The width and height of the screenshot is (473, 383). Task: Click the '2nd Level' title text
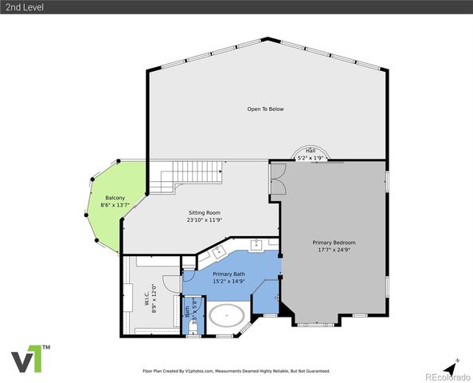21,7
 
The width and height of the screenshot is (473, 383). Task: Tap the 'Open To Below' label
265,109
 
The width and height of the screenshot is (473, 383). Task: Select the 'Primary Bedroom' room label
333,243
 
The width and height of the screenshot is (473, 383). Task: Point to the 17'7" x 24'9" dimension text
333,251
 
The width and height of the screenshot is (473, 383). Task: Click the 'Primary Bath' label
229,274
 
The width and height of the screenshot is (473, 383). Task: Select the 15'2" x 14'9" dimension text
229,282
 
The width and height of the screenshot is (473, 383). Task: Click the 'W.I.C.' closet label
147,298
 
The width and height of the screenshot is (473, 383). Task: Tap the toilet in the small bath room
192,325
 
